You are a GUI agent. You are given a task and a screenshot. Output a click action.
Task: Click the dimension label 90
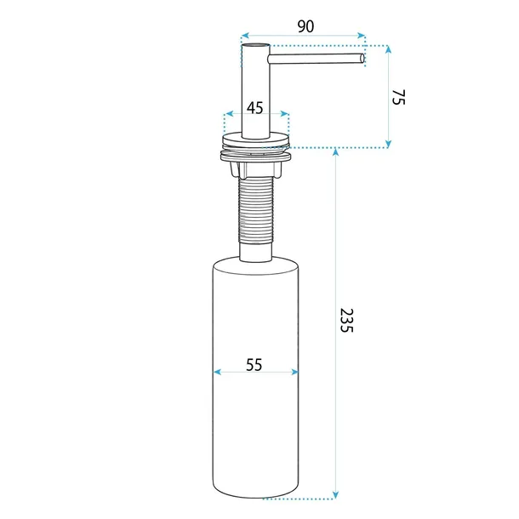305,26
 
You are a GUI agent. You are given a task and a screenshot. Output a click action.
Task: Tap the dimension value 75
398,97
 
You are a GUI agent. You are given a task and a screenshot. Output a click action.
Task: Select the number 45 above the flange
255,108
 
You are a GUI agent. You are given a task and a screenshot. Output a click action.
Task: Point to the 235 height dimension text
347,321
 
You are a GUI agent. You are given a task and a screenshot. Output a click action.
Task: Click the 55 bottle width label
254,365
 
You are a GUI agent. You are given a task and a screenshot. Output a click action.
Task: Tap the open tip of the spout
362,58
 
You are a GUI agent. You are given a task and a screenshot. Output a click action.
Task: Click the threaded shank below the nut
256,210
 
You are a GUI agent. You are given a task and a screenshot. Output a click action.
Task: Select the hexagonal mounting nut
256,168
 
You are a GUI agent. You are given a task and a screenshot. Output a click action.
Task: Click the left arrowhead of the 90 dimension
245,36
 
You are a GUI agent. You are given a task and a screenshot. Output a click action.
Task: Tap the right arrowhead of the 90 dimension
361,36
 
